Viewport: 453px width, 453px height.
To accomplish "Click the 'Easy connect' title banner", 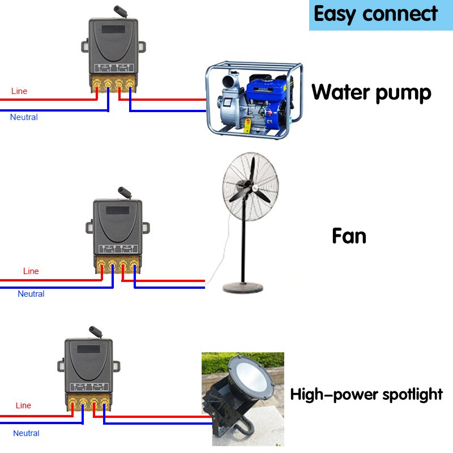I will coord(376,14).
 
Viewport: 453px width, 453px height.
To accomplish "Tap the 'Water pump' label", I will coord(371,92).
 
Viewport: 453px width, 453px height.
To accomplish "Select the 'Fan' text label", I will coord(349,236).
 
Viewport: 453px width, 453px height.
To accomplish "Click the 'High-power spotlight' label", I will coord(366,394).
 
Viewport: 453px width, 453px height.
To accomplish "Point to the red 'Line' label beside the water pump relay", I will coord(19,91).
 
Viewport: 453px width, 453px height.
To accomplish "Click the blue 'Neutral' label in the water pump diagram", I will coord(24,117).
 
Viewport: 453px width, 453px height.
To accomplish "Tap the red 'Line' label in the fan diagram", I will coord(31,271).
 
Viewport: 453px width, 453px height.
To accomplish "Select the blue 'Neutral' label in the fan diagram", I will coord(31,294).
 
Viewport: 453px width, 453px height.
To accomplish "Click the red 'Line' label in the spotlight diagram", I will coord(23,405).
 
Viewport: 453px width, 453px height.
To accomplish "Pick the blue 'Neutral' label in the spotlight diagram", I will coord(26,433).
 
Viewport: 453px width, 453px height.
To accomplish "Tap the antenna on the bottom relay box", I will coord(93,330).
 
